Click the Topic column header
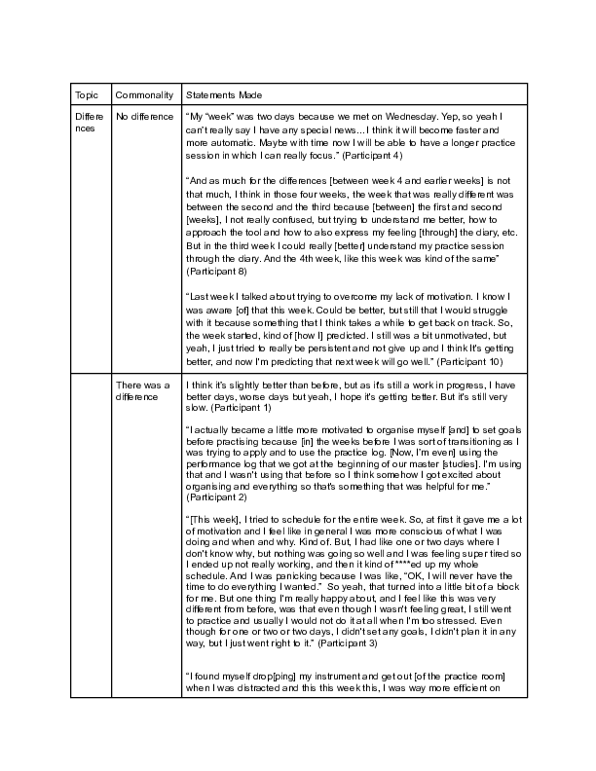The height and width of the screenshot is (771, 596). [85, 94]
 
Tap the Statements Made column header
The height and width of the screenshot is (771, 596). [223, 94]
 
